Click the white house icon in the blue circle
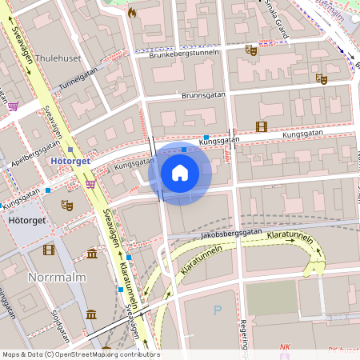(x=180, y=172)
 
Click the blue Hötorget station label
(x=71, y=160)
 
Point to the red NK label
(x=285, y=347)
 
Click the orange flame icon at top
(x=131, y=13)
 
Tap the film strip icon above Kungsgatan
(x=260, y=126)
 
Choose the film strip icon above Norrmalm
(x=50, y=250)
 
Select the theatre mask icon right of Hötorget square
(x=68, y=206)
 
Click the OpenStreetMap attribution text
(x=80, y=354)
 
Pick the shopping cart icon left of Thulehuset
(x=13, y=105)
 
